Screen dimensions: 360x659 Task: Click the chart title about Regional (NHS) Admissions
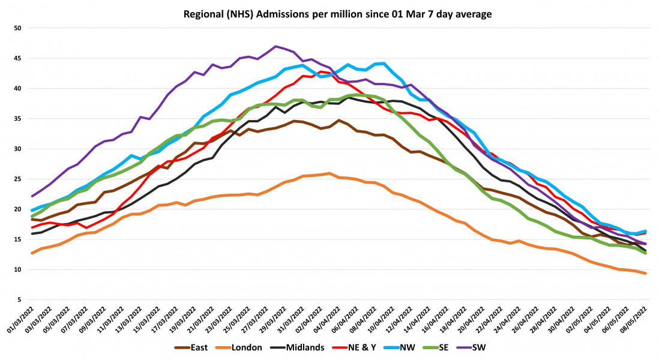pyautogui.click(x=329, y=13)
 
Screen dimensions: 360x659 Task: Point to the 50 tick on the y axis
pyautogui.click(x=17, y=28)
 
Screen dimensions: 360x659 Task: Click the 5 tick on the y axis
pyautogui.click(x=19, y=299)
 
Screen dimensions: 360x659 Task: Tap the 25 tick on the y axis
pyautogui.click(x=17, y=179)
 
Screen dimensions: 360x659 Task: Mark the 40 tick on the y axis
pyautogui.click(x=17, y=88)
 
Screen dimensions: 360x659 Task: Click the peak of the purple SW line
pyautogui.click(x=275, y=46)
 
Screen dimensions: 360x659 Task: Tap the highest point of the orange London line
pyautogui.click(x=330, y=173)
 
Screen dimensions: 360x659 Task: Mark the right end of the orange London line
pyautogui.click(x=645, y=274)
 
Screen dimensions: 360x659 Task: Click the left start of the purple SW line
pyautogui.click(x=32, y=196)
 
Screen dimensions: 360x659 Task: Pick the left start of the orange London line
pyautogui.click(x=32, y=253)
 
